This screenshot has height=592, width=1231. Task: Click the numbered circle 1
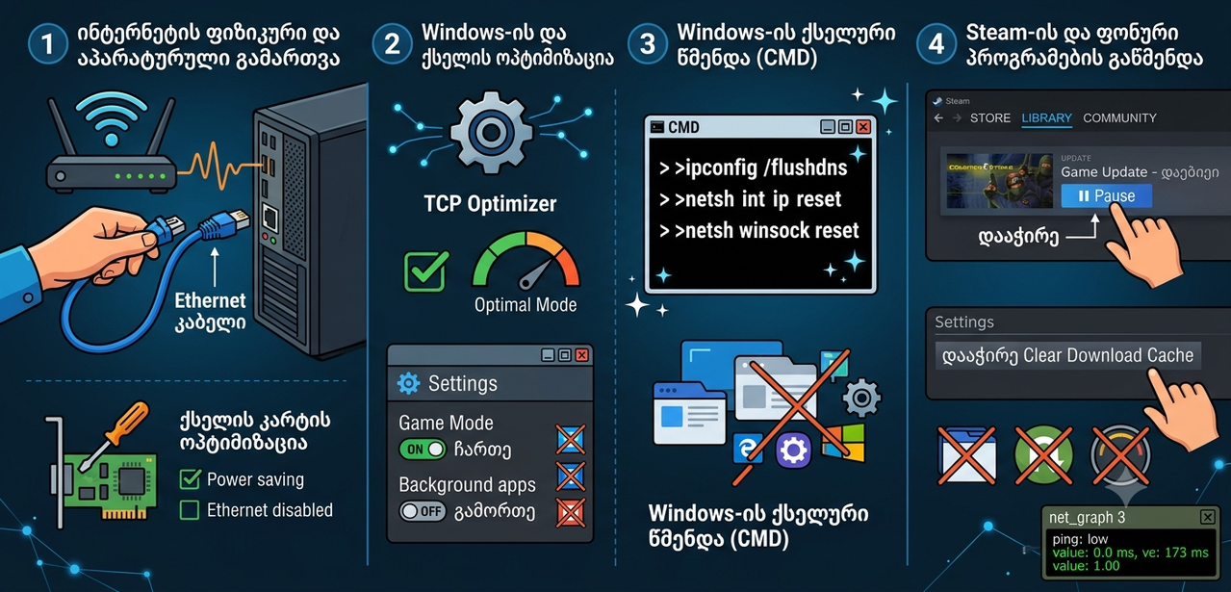point(48,44)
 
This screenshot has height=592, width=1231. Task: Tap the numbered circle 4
point(936,44)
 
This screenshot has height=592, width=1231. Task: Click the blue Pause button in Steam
point(1106,196)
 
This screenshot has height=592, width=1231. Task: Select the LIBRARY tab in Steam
point(1046,118)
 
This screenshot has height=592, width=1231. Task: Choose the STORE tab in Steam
point(990,118)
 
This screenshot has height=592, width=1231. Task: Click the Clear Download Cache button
point(1067,355)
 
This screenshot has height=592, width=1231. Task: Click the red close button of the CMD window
point(863,127)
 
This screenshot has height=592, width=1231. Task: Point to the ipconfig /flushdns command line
point(754,167)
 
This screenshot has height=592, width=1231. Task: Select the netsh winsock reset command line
point(759,231)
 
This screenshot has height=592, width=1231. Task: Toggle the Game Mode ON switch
point(423,450)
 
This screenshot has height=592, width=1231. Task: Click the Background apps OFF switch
point(423,511)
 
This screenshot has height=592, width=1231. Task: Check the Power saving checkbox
point(190,479)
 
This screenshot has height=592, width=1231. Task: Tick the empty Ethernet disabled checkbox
point(190,510)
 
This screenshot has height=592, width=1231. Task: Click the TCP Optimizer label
point(490,204)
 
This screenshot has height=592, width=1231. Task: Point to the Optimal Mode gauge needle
point(533,274)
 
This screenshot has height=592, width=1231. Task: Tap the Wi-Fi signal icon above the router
point(112,119)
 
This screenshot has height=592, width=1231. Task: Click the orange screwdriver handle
point(127,424)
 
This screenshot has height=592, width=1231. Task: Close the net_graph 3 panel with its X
point(1207,517)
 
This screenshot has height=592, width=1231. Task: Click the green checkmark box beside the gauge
point(425,271)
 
